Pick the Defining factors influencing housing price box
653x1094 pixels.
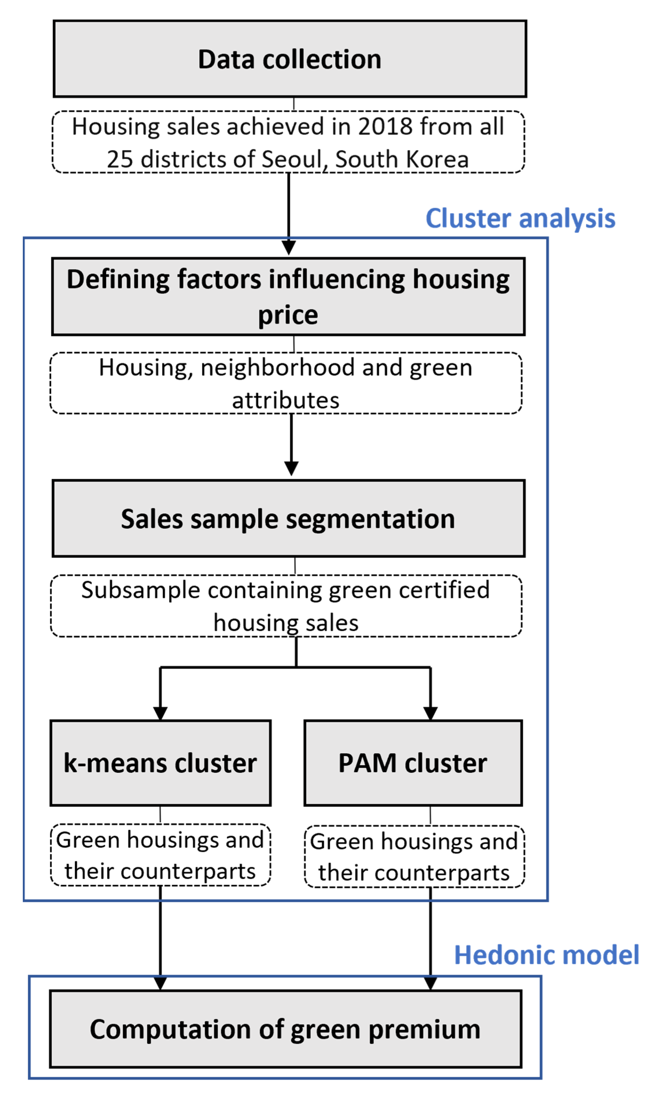tap(288, 296)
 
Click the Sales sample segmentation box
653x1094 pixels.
tap(288, 519)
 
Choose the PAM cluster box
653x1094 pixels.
tap(413, 763)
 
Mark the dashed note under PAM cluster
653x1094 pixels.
tap(414, 856)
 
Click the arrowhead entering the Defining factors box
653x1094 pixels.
tap(289, 247)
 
